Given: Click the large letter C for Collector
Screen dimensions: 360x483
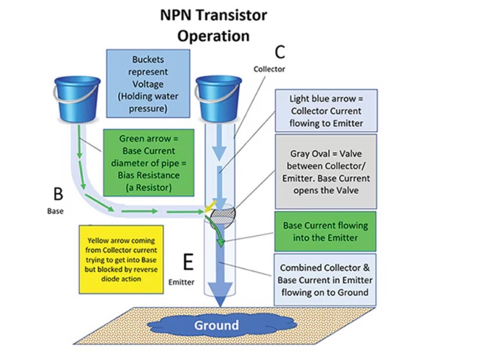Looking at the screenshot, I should [279, 52].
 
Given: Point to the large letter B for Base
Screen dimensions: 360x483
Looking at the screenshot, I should [58, 193].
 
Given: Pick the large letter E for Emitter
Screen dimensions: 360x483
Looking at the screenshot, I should [187, 263].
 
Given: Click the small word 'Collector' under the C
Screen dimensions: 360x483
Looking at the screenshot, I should [269, 69].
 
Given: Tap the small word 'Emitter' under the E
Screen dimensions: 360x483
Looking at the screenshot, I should [181, 283].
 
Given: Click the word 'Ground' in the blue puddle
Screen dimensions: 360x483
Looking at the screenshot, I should [216, 325].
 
